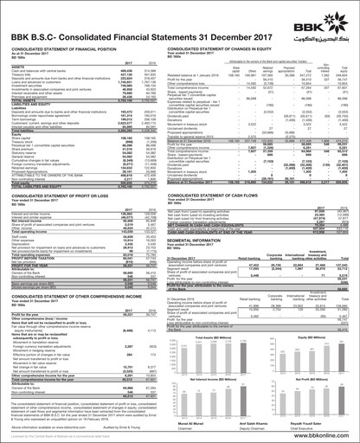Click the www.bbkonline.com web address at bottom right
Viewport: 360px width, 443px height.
(328, 433)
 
